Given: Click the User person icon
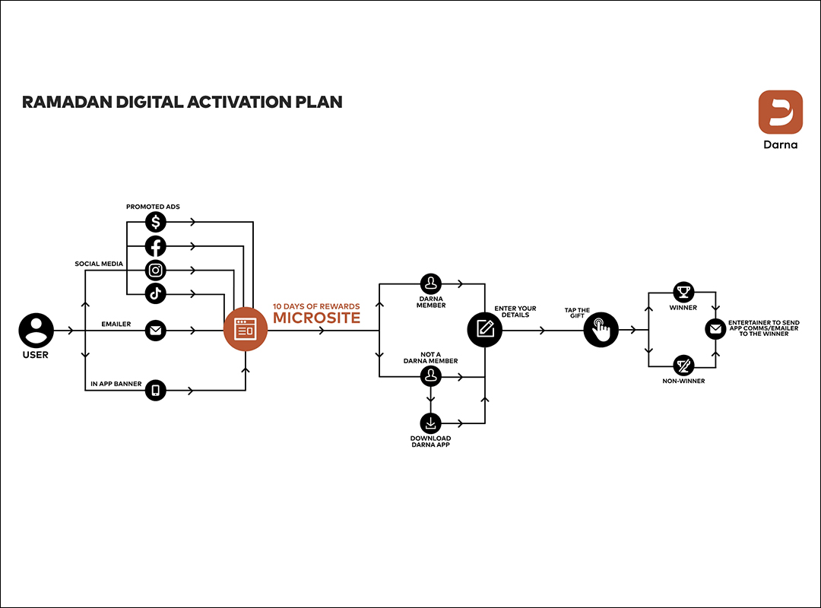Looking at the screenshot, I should (36, 331).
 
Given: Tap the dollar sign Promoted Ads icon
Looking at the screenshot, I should (156, 222).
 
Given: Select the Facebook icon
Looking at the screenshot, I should (156, 246).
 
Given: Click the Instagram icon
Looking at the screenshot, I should (156, 270).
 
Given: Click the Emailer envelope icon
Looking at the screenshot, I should (156, 331).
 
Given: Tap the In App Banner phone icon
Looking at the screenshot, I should (156, 390).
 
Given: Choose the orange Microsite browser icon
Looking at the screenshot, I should (246, 331).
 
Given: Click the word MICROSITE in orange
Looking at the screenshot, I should (316, 318).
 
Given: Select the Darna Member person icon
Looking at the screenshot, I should (431, 284).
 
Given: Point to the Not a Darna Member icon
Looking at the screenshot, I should (431, 375).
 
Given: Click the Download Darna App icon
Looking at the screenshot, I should (431, 423).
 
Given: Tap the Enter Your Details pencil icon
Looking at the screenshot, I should (485, 330).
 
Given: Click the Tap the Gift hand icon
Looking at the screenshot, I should (601, 330).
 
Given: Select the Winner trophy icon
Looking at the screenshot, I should (683, 292).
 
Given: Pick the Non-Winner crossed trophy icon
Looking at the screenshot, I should (683, 366).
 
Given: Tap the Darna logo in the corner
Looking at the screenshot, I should (780, 112).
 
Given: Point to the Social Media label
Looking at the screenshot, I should (99, 264).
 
